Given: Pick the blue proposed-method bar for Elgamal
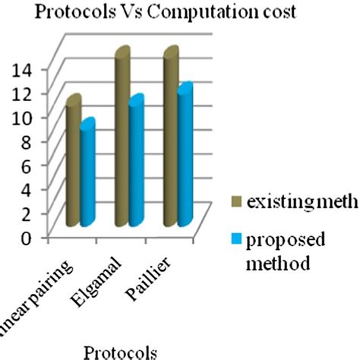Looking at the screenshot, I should click(136, 163).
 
